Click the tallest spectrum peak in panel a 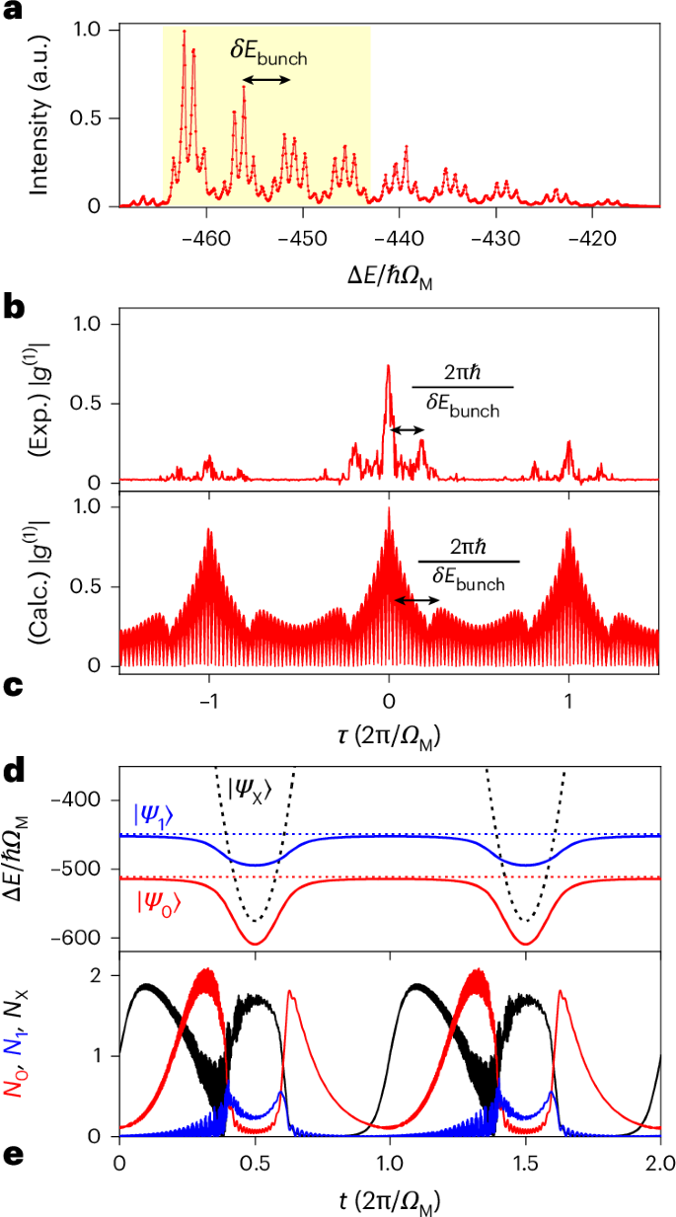[184, 33]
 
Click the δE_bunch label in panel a [268, 53]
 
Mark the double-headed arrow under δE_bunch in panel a [267, 80]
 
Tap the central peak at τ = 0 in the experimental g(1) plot [388, 367]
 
